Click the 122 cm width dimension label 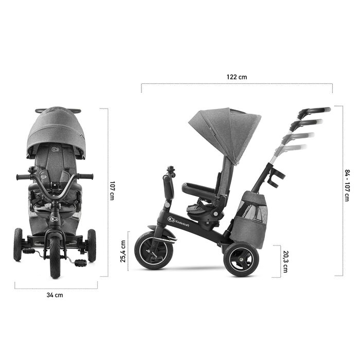(237, 77)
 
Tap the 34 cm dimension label (55, 295)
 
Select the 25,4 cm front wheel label (123, 251)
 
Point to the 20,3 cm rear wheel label (285, 261)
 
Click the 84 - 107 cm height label (347, 186)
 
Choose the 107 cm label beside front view (112, 191)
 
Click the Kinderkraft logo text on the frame (183, 223)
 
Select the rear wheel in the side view (242, 259)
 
